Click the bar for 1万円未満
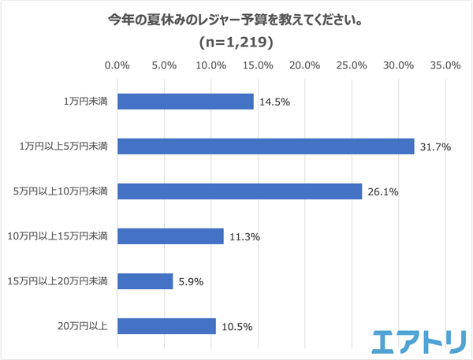[x=185, y=102]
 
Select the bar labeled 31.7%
[x=266, y=147]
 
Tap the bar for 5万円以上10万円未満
[x=240, y=191]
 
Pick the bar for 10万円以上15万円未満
[x=170, y=236]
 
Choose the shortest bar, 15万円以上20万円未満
[x=145, y=281]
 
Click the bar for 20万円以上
[x=166, y=326]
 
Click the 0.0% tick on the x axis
[x=117, y=65]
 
